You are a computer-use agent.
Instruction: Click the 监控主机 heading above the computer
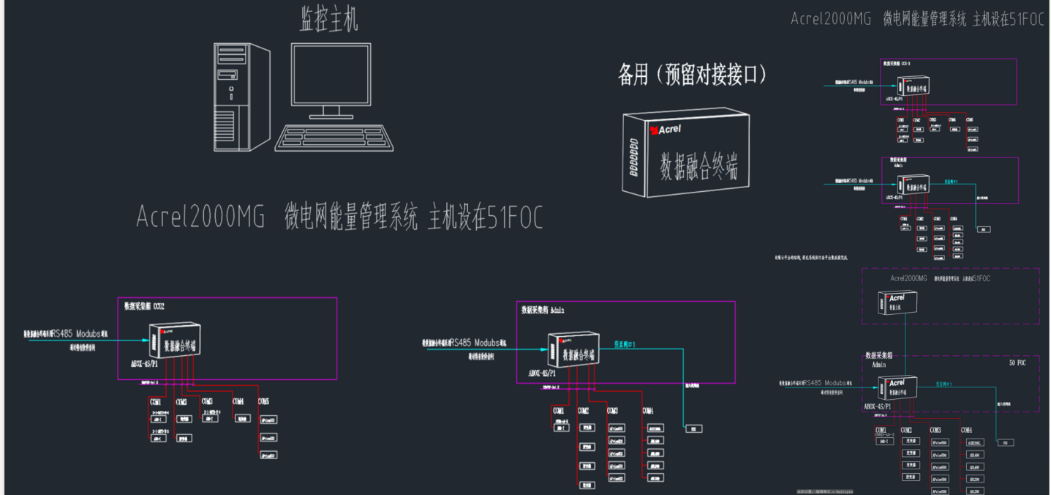[x=329, y=20]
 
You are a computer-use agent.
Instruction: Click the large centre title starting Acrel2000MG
[x=340, y=218]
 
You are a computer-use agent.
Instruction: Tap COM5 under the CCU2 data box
[x=263, y=401]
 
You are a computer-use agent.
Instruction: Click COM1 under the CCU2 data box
[x=156, y=401]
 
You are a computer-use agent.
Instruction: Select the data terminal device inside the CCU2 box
[x=174, y=341]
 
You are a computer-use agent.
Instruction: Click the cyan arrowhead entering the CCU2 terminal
[x=144, y=340]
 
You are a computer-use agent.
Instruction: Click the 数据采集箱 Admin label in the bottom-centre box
[x=543, y=310]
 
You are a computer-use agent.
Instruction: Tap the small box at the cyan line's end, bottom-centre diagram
[x=693, y=428]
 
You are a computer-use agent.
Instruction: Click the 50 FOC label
[x=1017, y=362]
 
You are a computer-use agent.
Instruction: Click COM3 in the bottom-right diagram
[x=936, y=431]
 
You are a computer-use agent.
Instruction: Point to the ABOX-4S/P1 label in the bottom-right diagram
[x=878, y=406]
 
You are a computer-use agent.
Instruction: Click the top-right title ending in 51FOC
[x=918, y=19]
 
